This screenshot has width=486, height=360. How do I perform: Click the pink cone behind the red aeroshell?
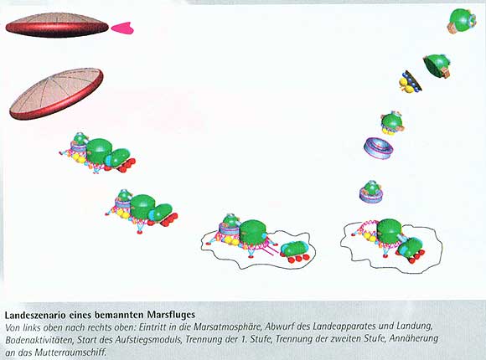point(122,28)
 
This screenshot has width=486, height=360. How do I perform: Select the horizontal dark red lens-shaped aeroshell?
point(57,25)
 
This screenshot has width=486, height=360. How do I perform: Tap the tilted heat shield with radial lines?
point(56,94)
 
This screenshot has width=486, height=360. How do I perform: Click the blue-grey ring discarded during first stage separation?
point(379,149)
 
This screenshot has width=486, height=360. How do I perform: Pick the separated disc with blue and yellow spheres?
point(410,82)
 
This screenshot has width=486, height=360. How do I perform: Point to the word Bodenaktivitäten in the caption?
point(39,340)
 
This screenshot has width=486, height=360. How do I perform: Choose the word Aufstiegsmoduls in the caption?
point(148,340)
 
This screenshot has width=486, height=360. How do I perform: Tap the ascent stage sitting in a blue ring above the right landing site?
point(371,192)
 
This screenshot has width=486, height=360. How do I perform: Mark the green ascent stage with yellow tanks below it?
point(392,123)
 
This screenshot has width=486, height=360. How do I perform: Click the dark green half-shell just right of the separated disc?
point(437,64)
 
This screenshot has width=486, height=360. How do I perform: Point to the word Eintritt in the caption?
point(151,327)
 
